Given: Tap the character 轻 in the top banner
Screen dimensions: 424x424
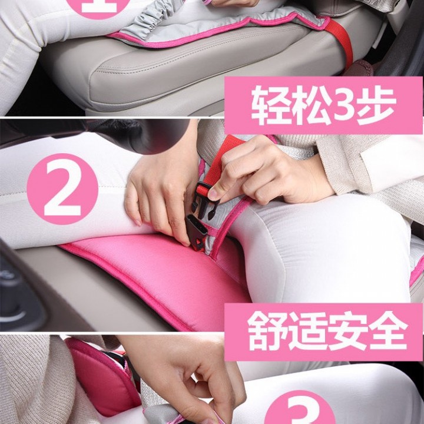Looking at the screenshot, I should click(263, 105).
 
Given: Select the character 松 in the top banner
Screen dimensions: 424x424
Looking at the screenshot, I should click(304, 105).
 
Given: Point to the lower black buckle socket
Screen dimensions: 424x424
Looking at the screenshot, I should click(197, 231).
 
